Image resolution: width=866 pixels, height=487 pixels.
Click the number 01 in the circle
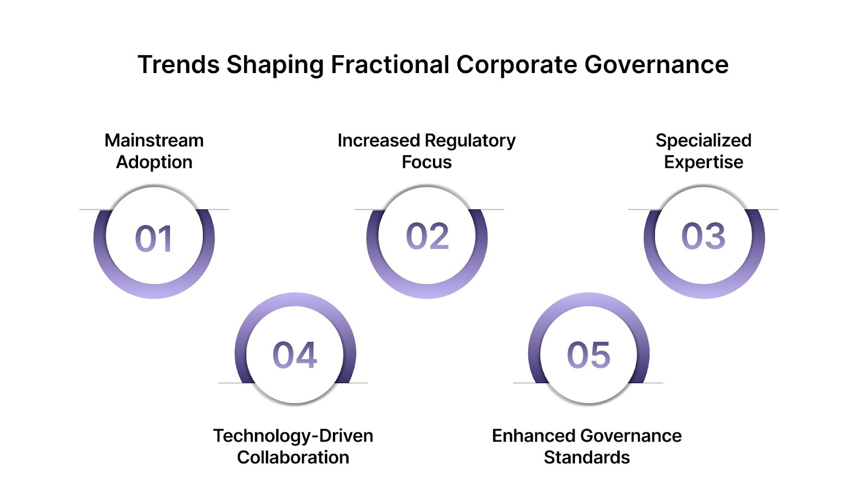pyautogui.click(x=154, y=239)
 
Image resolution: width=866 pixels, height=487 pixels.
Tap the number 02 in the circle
pyautogui.click(x=427, y=236)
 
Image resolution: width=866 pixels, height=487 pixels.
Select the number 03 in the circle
pyautogui.click(x=703, y=236)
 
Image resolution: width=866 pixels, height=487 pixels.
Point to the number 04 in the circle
pyautogui.click(x=294, y=356)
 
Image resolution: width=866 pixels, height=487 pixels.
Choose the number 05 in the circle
pyautogui.click(x=588, y=356)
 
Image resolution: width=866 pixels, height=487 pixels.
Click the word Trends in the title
pyautogui.click(x=178, y=65)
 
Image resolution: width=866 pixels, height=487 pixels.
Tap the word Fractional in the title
pyautogui.click(x=390, y=65)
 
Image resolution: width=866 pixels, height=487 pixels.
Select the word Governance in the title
pyautogui.click(x=656, y=65)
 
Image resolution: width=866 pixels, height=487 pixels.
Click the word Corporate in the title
pyautogui.click(x=516, y=65)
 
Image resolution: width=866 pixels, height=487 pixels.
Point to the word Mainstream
pyautogui.click(x=154, y=141)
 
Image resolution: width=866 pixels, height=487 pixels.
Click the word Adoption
pyautogui.click(x=154, y=162)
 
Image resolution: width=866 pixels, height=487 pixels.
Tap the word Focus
pyautogui.click(x=427, y=162)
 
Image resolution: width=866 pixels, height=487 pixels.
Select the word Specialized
pyautogui.click(x=703, y=141)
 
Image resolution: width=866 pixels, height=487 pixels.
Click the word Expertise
pyautogui.click(x=703, y=162)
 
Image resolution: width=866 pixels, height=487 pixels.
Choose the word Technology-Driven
pyautogui.click(x=293, y=436)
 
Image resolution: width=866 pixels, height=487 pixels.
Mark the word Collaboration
pyautogui.click(x=293, y=458)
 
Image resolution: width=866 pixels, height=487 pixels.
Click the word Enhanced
pyautogui.click(x=533, y=436)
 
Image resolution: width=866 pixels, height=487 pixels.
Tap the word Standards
pyautogui.click(x=587, y=458)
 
